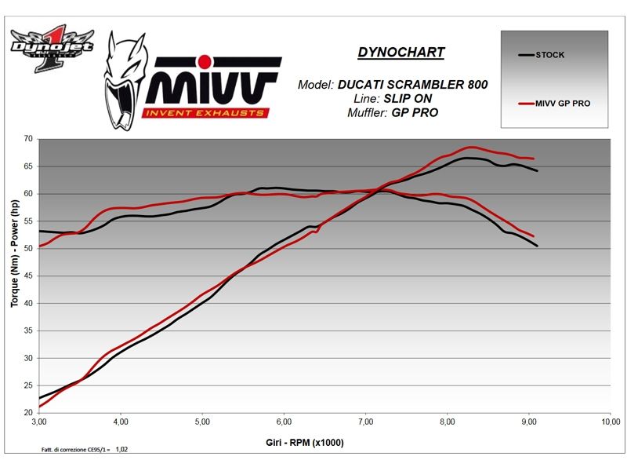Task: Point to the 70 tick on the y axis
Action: [28, 139]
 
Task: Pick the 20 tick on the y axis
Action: [28, 412]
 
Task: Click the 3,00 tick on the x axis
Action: [39, 422]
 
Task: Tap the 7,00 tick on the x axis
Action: [365, 422]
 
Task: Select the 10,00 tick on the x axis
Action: [610, 422]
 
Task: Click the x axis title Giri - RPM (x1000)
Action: [305, 444]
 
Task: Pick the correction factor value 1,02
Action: [123, 449]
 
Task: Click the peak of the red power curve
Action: [471, 147]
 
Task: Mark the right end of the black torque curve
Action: [538, 246]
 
